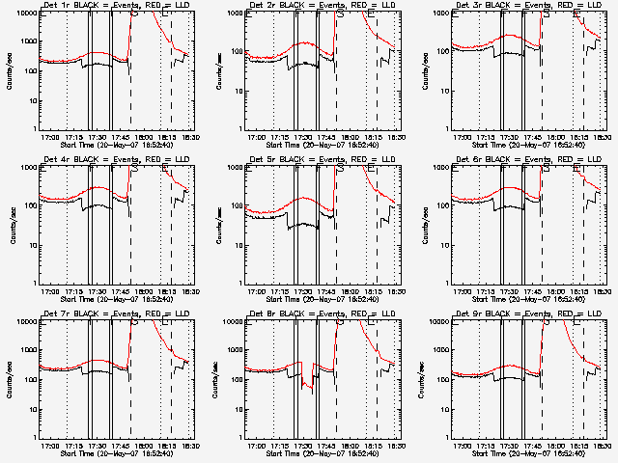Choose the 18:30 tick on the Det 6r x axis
coord(600,291)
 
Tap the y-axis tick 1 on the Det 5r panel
coord(241,282)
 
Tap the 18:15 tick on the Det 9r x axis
coord(577,446)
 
